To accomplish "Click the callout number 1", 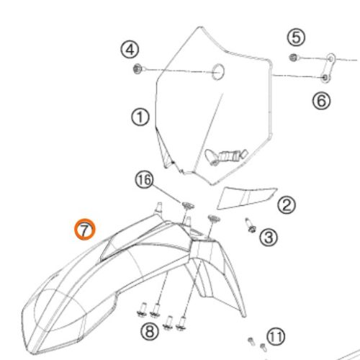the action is (x=140, y=117).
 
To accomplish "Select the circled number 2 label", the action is (x=287, y=205).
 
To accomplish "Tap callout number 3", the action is (x=269, y=238).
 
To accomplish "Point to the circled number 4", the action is (x=130, y=50).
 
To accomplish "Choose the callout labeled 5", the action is (x=296, y=37).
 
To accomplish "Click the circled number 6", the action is (x=321, y=101).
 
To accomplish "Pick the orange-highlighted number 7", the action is (x=84, y=229).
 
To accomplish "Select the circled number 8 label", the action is (x=150, y=331).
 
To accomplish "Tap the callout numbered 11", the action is (x=276, y=337).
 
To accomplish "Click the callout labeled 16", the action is (x=144, y=180).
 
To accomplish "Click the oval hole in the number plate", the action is (x=218, y=72).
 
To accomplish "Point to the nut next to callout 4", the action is (x=138, y=69).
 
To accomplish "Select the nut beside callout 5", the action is (x=293, y=58).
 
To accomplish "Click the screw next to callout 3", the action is (x=250, y=225).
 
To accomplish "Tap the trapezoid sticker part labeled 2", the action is (x=247, y=198).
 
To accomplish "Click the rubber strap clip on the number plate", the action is (x=225, y=156).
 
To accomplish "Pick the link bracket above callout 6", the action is (x=328, y=68).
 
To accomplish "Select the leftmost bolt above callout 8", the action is (x=143, y=310).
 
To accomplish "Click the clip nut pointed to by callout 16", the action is (x=188, y=206).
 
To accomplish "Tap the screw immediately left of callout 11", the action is (x=251, y=341).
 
